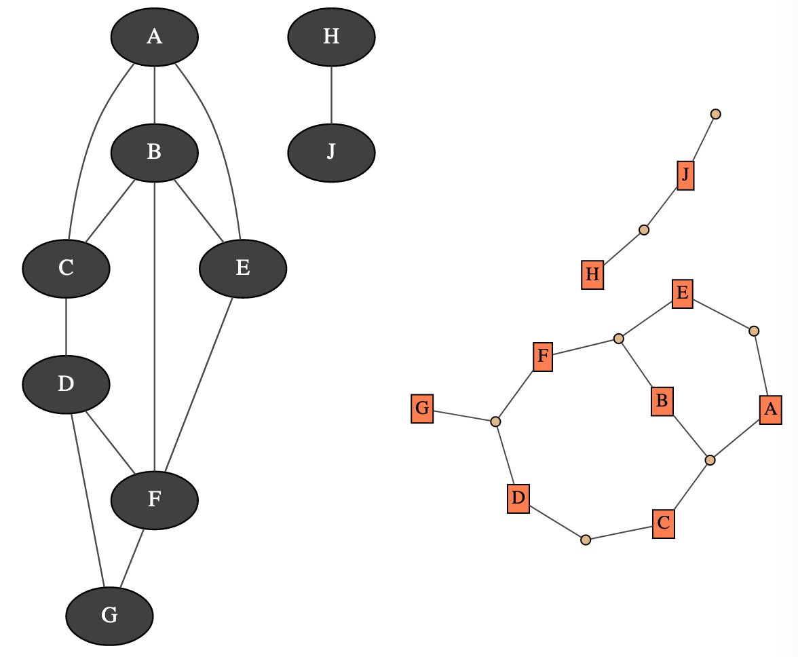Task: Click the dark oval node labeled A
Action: coord(155,37)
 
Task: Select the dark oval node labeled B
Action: coord(155,153)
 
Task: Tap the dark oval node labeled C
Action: coord(66,269)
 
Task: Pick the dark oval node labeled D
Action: coord(66,384)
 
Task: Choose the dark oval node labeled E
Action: coord(243,269)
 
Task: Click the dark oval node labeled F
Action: coord(155,500)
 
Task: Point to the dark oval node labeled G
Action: coord(109,616)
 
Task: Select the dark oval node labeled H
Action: coord(331,37)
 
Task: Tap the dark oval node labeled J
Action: coord(331,153)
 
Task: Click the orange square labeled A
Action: coord(770,409)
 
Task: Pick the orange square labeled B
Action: coord(662,401)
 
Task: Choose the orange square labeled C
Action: coord(664,523)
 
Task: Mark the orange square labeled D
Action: coord(518,499)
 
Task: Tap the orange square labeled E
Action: coord(683,294)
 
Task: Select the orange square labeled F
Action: coord(543,356)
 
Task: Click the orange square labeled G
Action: coord(422,409)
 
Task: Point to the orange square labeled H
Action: coord(592,275)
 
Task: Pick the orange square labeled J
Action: coord(685,176)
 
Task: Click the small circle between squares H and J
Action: coord(644,230)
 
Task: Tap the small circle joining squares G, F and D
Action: coord(495,421)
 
